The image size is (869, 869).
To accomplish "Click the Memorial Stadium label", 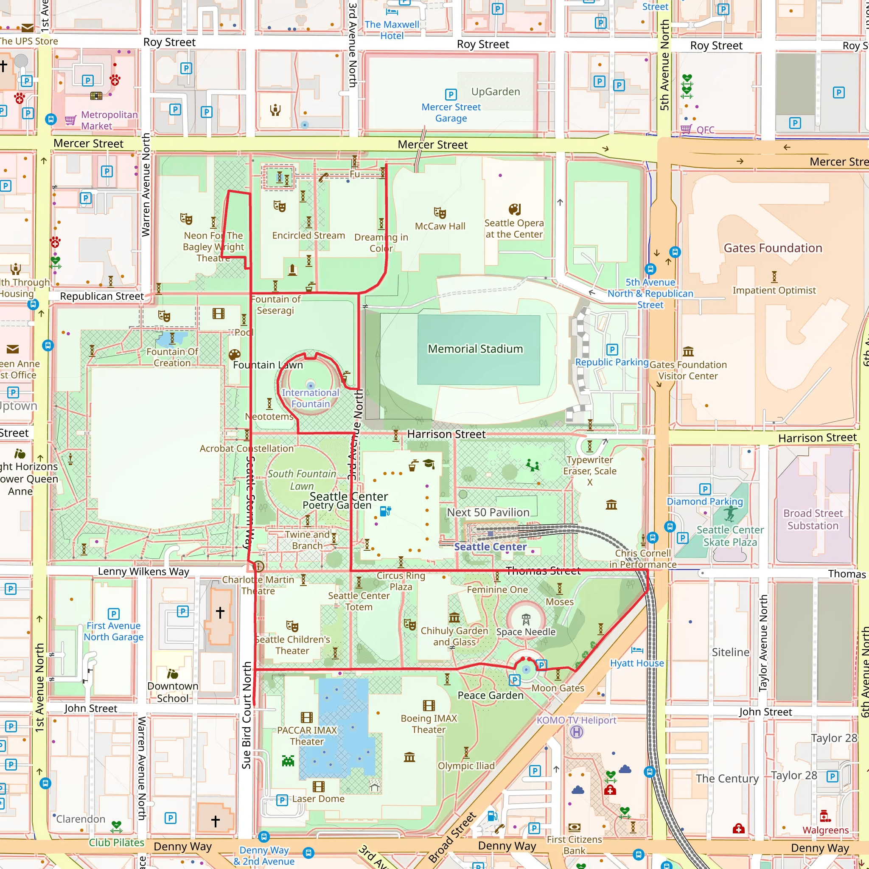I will click(475, 349).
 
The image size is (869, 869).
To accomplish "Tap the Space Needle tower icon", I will click(525, 620).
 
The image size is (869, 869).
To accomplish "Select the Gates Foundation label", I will click(772, 248).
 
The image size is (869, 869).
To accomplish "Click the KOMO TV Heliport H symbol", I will click(577, 732).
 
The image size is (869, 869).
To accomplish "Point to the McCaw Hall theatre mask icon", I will click(440, 212).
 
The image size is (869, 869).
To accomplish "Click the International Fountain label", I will click(310, 398).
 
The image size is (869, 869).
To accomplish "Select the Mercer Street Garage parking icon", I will click(450, 95).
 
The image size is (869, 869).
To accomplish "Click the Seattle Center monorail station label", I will click(490, 547).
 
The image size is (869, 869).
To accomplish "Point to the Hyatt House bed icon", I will click(637, 650).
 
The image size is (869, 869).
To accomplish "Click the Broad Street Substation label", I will click(813, 519).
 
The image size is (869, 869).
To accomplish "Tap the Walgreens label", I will click(825, 830).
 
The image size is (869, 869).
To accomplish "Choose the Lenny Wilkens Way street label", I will click(143, 571).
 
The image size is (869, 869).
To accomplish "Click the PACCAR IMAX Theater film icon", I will click(306, 718).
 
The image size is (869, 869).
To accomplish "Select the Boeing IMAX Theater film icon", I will click(429, 705).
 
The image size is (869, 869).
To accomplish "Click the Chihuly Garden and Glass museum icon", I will click(454, 617).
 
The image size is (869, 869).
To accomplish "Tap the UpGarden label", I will click(495, 92).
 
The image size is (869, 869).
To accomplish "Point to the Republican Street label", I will click(102, 296).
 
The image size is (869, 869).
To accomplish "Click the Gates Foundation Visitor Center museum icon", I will click(688, 351).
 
